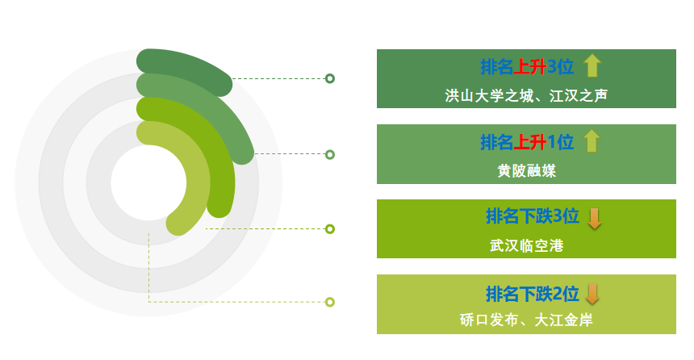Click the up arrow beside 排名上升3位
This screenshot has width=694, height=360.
(592, 66)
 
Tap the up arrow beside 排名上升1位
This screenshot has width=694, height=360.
(592, 141)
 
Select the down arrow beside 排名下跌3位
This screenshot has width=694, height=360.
(595, 219)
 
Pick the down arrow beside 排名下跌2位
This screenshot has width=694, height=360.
(592, 294)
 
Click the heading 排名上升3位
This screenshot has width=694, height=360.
(527, 67)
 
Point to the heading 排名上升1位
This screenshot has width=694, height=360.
(527, 142)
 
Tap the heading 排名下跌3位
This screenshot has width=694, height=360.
(533, 216)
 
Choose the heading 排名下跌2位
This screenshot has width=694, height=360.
(533, 294)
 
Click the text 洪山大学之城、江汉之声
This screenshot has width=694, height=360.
(526, 95)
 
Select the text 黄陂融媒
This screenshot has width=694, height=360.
(527, 170)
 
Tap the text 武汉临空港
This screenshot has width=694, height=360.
(527, 245)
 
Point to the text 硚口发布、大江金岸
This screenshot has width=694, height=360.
(526, 320)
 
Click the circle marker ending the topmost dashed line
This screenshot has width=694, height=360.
(330, 79)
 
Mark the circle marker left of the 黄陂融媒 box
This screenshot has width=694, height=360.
(330, 154)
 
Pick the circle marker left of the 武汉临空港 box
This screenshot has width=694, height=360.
(330, 229)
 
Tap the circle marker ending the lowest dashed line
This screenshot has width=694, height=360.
(330, 302)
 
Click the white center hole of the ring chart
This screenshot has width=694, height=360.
(148, 182)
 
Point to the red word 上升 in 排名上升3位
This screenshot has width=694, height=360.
(530, 67)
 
